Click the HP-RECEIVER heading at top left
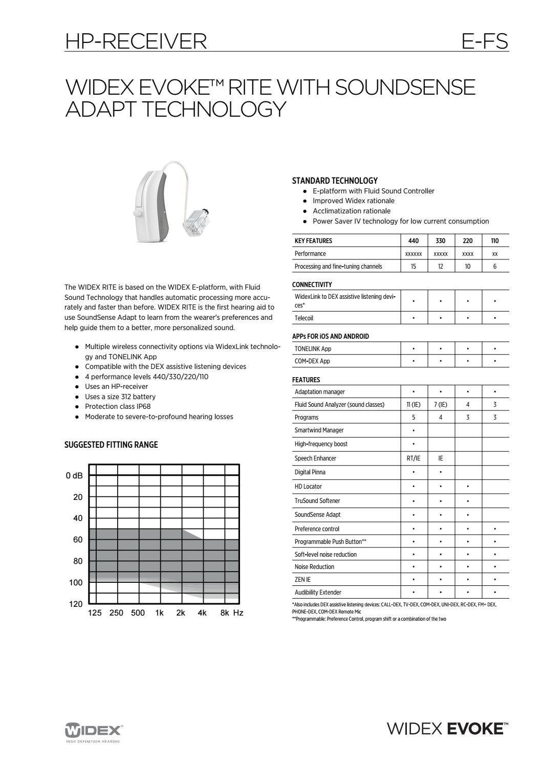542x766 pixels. [x=136, y=41]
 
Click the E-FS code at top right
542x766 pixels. [x=484, y=41]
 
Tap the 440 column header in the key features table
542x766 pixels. [x=414, y=240]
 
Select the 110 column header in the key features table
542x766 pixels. [x=494, y=240]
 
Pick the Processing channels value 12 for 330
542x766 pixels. [x=441, y=266]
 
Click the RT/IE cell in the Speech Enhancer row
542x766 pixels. [x=414, y=458]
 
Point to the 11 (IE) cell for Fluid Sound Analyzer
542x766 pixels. [x=414, y=404]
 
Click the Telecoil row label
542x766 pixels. [x=304, y=318]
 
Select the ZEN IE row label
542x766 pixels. [x=302, y=580]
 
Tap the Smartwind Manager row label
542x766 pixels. [x=319, y=430]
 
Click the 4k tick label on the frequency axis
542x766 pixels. [x=202, y=613]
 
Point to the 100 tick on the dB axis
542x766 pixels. [x=76, y=583]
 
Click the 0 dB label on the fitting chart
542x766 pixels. [x=74, y=476]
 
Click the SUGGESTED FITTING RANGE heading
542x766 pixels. [x=111, y=445]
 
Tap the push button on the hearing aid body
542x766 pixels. [x=137, y=212]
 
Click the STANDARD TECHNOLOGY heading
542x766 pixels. [x=335, y=181]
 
